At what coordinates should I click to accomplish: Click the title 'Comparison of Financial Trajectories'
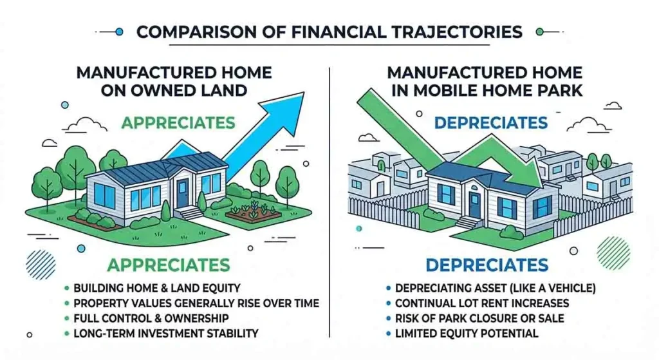pos(329,31)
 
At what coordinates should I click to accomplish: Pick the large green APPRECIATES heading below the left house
pos(169,265)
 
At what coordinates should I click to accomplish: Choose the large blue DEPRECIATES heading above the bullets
pos(486,265)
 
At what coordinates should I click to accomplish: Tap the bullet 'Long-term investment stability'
pos(165,334)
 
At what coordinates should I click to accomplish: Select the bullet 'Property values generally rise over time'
pos(196,303)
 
